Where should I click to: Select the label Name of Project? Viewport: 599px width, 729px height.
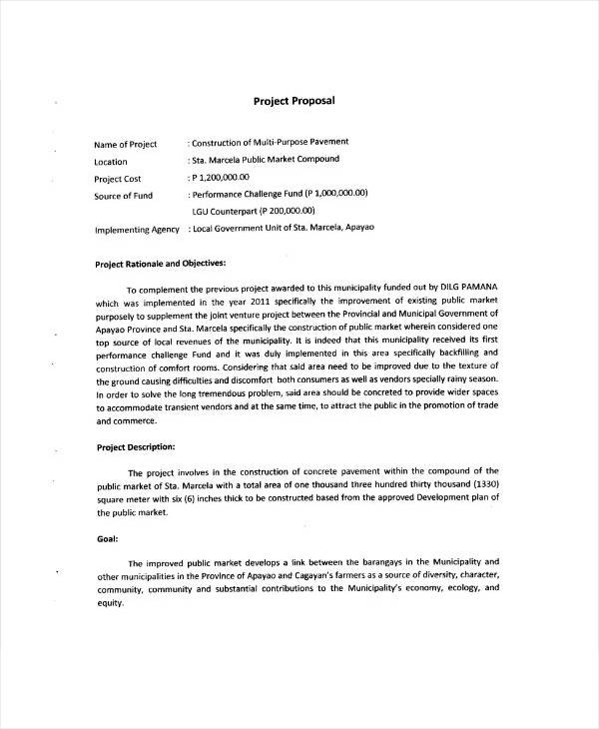126,144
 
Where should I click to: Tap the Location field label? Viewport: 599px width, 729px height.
111,162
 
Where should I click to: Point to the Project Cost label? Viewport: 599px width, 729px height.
118,179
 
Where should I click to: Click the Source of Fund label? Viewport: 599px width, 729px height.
123,196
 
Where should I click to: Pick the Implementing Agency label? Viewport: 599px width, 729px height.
137,230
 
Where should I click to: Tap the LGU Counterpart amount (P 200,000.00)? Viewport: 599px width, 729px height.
287,212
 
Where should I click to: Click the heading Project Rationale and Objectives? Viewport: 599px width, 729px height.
160,265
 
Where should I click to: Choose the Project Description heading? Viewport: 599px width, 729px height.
136,447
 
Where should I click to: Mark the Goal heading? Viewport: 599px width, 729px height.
108,539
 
